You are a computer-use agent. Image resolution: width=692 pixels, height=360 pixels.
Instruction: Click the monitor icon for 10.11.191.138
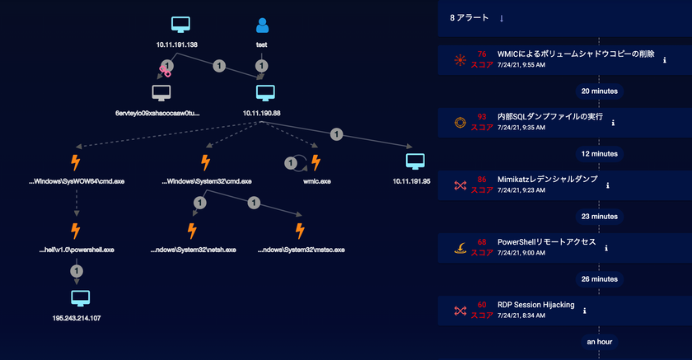[180, 25]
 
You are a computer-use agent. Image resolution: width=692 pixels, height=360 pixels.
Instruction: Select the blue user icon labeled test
[262, 26]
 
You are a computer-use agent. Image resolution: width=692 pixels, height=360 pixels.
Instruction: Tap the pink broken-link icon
[165, 71]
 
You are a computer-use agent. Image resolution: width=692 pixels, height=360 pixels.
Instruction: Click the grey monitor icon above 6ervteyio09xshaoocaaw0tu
[161, 93]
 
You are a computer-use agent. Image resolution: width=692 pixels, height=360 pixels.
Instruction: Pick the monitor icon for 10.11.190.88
[265, 93]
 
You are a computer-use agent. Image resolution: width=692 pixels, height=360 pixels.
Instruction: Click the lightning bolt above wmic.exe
[316, 162]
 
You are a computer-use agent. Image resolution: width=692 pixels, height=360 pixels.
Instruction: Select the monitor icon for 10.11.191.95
[415, 161]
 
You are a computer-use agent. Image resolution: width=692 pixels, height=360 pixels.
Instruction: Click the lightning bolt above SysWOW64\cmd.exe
[76, 162]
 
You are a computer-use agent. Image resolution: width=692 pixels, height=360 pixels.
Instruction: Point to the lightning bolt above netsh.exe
[192, 231]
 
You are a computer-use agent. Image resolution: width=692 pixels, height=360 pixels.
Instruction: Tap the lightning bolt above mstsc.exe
[300, 231]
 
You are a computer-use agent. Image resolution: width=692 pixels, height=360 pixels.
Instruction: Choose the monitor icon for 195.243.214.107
[81, 299]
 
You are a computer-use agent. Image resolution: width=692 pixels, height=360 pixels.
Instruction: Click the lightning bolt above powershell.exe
[76, 231]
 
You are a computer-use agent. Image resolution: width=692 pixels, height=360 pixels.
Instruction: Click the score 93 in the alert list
[481, 116]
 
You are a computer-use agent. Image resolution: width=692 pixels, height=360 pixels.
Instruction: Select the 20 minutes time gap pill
[600, 91]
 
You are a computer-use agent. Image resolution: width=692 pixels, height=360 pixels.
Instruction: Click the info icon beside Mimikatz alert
[608, 185]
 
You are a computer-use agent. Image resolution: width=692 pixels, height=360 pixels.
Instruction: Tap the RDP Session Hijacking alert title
[535, 305]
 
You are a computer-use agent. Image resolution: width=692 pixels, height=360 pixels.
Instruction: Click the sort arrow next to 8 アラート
[502, 18]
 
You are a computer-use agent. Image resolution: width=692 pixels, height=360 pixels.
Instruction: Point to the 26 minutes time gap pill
[600, 279]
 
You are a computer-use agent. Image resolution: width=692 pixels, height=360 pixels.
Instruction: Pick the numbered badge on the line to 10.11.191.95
[336, 134]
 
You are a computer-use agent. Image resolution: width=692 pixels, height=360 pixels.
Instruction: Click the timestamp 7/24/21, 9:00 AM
[521, 253]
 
